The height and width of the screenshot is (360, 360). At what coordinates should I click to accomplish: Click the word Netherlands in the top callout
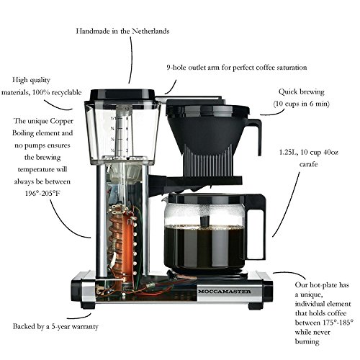[x=150, y=31]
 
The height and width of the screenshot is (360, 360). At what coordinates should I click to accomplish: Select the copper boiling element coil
[x=120, y=243]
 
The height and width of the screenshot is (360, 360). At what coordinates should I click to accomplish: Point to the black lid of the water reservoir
[x=122, y=95]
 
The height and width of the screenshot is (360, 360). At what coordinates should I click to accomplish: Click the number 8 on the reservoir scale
[x=127, y=118]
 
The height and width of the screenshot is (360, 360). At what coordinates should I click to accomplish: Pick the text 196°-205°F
[x=42, y=193]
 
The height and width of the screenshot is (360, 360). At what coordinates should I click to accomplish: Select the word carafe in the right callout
[x=309, y=164]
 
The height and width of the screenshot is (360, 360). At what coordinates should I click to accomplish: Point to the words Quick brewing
[x=301, y=91]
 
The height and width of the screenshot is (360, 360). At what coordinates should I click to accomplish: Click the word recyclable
[x=66, y=92]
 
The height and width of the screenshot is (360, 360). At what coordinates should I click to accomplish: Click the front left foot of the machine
[x=88, y=306]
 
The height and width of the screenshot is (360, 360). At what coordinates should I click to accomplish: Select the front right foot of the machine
[x=256, y=306]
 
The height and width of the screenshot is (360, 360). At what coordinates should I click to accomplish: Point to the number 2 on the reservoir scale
[x=127, y=150]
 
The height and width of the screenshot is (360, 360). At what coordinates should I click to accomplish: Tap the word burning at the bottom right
[x=307, y=342]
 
